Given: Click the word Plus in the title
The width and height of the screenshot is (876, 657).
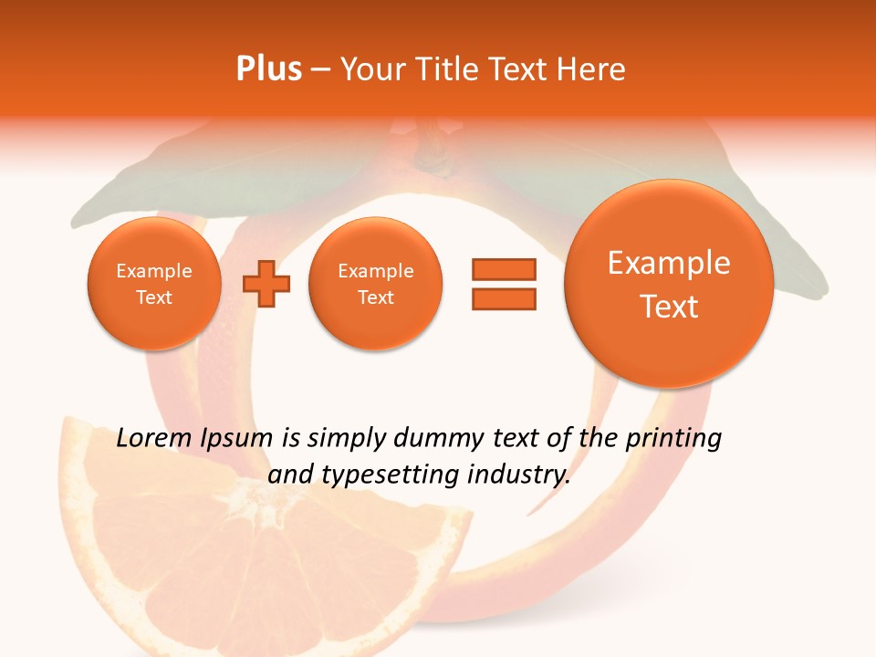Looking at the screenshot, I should [268, 69].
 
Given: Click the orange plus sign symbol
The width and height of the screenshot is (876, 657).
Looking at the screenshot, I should [266, 285].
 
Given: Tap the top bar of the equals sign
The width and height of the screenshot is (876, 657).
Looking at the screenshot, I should [504, 269].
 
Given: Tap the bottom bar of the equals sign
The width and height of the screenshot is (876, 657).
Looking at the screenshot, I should [504, 298].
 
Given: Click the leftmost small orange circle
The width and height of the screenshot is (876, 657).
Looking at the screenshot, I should [154, 284].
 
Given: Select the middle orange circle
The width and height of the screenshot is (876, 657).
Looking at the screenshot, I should [376, 284].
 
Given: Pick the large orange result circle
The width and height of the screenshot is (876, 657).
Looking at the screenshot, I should [669, 284].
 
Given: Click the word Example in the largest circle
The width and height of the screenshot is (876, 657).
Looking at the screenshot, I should [669, 263].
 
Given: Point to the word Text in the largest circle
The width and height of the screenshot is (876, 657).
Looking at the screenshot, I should [669, 307].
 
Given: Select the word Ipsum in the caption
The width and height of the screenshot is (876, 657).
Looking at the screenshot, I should [237, 439].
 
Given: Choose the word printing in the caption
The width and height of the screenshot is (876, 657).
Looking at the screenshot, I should [673, 439].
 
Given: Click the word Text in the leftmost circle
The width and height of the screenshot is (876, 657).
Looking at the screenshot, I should [154, 297].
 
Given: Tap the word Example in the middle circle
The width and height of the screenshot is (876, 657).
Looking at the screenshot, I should [376, 271].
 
